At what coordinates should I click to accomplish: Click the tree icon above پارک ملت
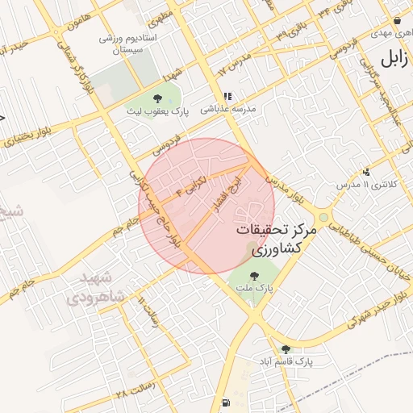click(255, 273)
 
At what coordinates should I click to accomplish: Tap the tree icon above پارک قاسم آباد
click(286, 349)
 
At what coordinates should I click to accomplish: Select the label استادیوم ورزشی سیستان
click(133, 44)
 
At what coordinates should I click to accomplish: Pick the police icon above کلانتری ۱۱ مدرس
click(367, 171)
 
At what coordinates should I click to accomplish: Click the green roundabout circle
click(323, 218)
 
